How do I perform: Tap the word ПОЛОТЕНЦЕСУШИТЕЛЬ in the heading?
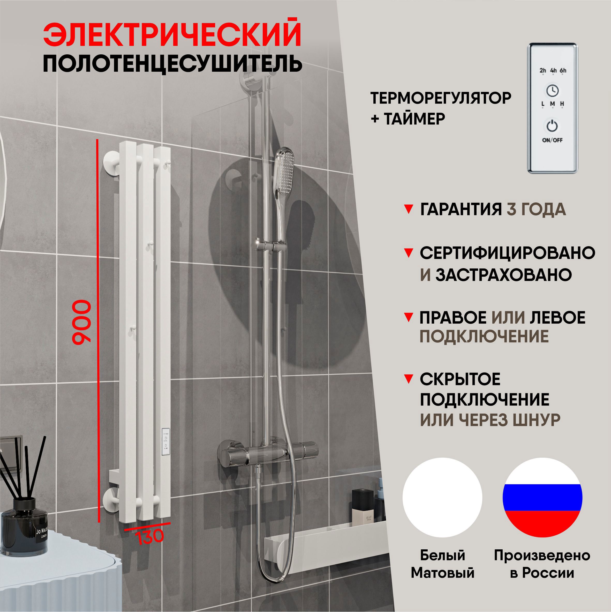point(172,64)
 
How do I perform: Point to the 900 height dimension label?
point(82,322)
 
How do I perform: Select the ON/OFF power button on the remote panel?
point(552,126)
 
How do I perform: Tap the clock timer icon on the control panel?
point(552,91)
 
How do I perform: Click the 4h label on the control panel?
point(553,70)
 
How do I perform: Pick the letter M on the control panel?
point(552,104)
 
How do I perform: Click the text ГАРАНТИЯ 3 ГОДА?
point(493,210)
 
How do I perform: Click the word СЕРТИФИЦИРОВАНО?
point(507,253)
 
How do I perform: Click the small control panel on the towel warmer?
point(166,442)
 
